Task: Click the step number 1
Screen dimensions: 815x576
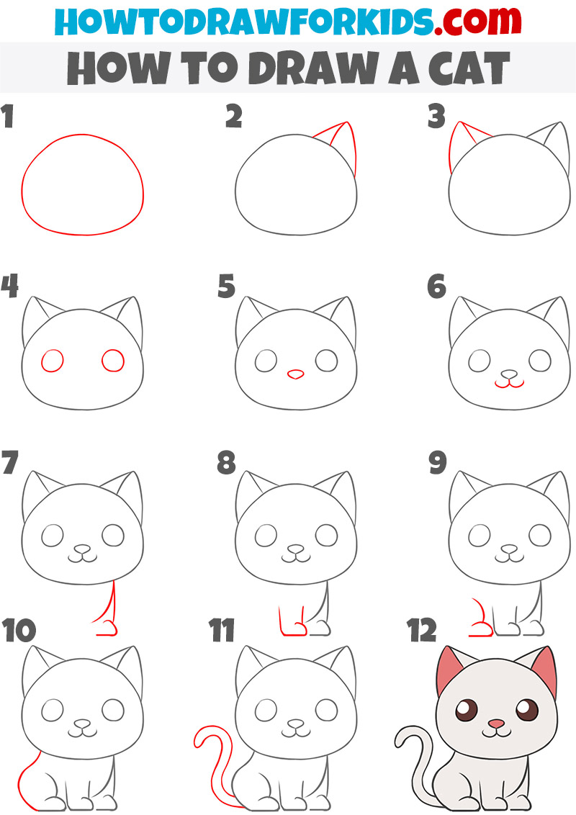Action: pyautogui.click(x=8, y=117)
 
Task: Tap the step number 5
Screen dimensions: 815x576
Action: pyautogui.click(x=227, y=287)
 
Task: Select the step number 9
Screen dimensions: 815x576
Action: pyautogui.click(x=438, y=463)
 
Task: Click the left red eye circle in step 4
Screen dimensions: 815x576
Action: pyautogui.click(x=53, y=360)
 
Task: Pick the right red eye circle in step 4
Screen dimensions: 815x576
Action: pyautogui.click(x=113, y=360)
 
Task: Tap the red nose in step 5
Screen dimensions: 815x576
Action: pyautogui.click(x=295, y=374)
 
